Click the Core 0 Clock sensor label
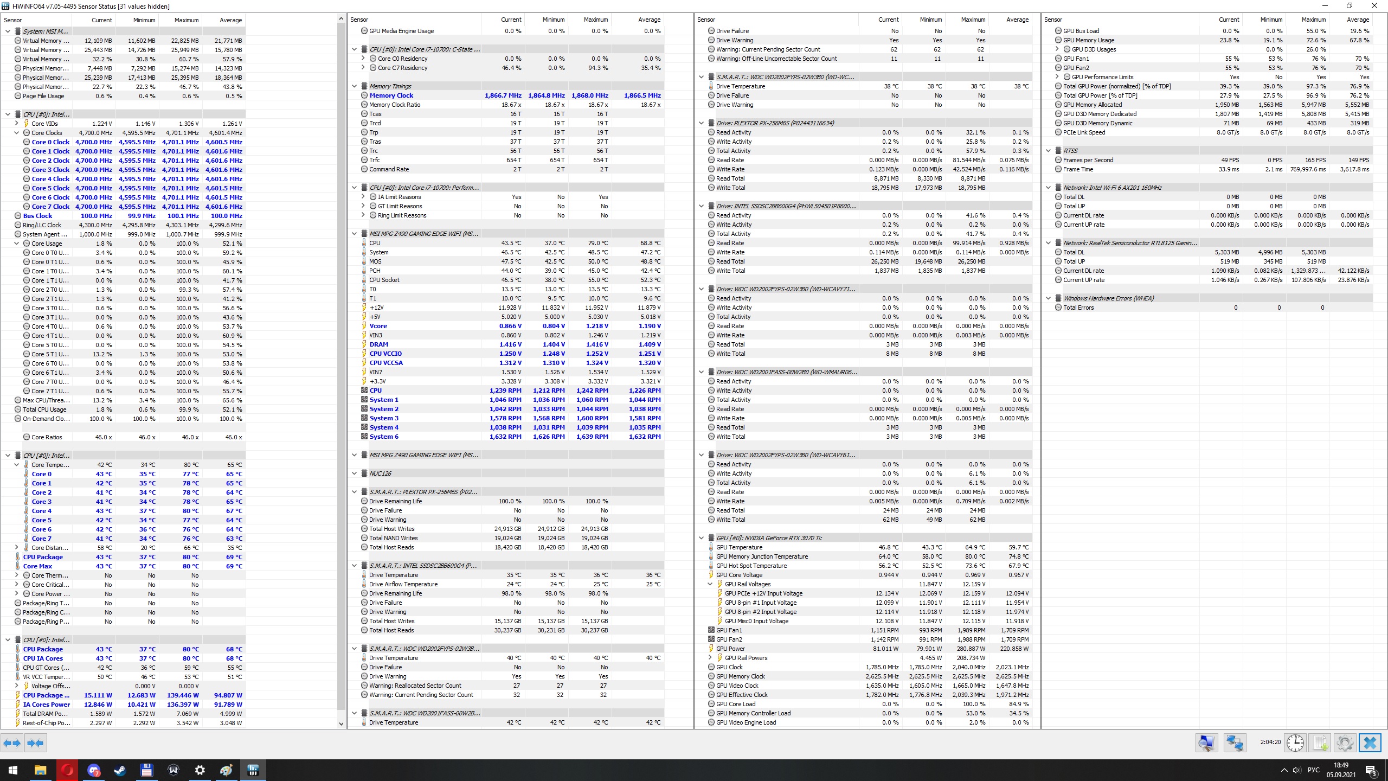50,142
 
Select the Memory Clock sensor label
391,95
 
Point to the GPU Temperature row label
738,547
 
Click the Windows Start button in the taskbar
13,770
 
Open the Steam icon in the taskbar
120,770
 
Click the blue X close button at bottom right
1370,742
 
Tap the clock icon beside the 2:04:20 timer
1295,742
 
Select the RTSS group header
1070,151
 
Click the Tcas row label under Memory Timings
375,114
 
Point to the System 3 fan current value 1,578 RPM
505,418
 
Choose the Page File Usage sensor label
43,96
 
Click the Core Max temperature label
37,566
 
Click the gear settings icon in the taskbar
200,770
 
